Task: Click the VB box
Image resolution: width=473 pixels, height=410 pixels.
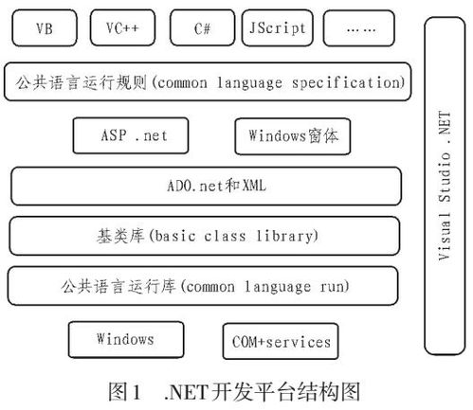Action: click(x=45, y=27)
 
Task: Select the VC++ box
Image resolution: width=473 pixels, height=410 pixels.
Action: click(x=122, y=27)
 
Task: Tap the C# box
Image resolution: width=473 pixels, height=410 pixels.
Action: click(x=202, y=27)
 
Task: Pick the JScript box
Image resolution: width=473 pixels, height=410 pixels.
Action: click(x=278, y=27)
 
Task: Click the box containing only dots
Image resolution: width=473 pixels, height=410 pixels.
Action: click(x=359, y=28)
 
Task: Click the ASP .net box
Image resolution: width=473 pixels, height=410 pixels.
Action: click(x=131, y=135)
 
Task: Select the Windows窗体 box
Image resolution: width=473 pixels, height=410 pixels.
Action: click(x=293, y=136)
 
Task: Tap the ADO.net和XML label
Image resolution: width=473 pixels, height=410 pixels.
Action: click(x=216, y=186)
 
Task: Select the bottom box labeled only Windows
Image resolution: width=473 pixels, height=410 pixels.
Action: click(x=126, y=339)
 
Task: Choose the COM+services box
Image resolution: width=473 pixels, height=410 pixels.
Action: click(x=281, y=342)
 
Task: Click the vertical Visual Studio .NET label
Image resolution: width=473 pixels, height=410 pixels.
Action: click(x=445, y=186)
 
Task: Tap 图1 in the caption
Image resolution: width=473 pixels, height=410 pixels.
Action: click(x=124, y=392)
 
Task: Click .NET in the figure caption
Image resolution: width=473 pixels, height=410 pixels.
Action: click(x=187, y=392)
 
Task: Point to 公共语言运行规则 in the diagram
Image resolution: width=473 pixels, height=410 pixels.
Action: click(x=82, y=82)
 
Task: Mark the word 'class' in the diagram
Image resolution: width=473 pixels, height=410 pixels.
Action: click(x=225, y=236)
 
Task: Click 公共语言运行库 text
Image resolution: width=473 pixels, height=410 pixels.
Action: click(x=118, y=286)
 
